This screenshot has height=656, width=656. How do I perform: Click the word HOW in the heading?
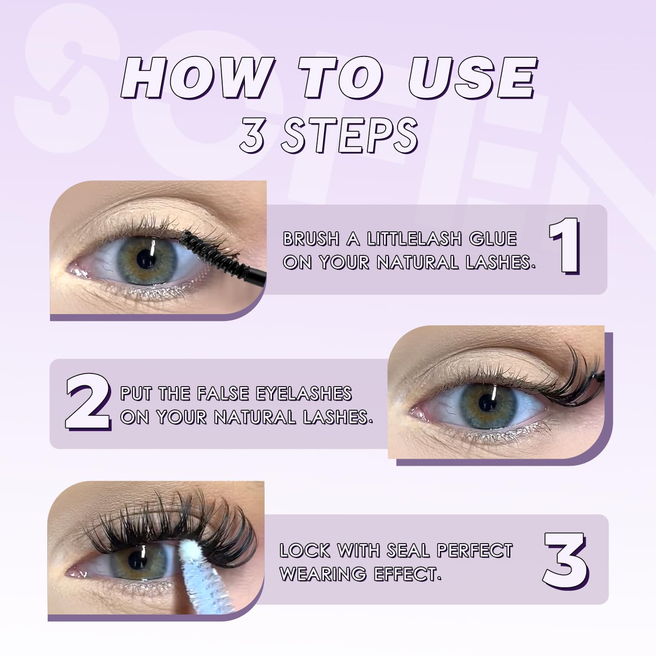[196, 78]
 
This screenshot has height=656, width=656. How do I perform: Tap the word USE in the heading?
[472, 78]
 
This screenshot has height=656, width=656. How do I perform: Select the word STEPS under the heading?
[349, 135]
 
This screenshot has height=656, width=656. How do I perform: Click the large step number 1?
[565, 246]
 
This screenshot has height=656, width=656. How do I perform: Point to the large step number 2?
[87, 401]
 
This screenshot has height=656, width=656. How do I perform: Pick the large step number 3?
[566, 561]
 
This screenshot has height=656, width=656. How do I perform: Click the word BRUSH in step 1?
[311, 239]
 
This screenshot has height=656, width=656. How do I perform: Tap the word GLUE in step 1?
[493, 239]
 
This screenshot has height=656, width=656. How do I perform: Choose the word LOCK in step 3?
[305, 551]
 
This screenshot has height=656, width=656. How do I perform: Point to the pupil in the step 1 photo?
[146, 260]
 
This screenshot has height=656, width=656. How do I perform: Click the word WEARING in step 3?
[323, 574]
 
